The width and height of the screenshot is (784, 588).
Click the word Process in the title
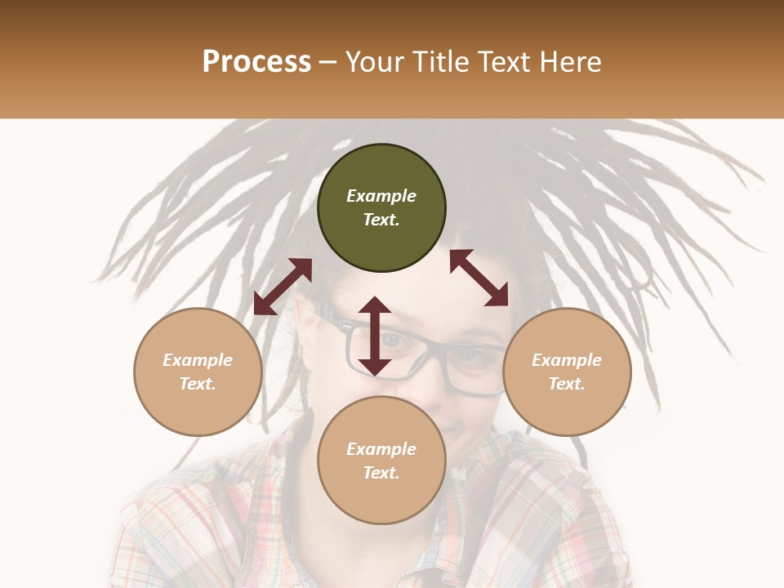tap(256, 62)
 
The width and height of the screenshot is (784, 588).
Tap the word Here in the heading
tap(569, 62)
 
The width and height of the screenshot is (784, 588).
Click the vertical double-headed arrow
tap(375, 336)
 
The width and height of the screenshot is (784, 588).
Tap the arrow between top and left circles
tap(283, 286)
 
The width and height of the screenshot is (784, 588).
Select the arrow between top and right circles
tap(479, 278)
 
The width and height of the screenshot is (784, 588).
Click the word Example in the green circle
tap(381, 196)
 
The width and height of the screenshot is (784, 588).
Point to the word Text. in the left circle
tap(198, 384)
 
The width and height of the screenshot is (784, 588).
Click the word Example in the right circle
tap(567, 360)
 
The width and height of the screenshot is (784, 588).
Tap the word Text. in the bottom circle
tap(381, 473)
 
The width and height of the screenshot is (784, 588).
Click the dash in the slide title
tap(328, 62)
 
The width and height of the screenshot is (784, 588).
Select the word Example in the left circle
tap(198, 360)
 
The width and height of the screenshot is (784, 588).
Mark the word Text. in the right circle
tap(567, 384)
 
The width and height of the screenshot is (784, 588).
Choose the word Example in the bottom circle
tap(381, 449)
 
